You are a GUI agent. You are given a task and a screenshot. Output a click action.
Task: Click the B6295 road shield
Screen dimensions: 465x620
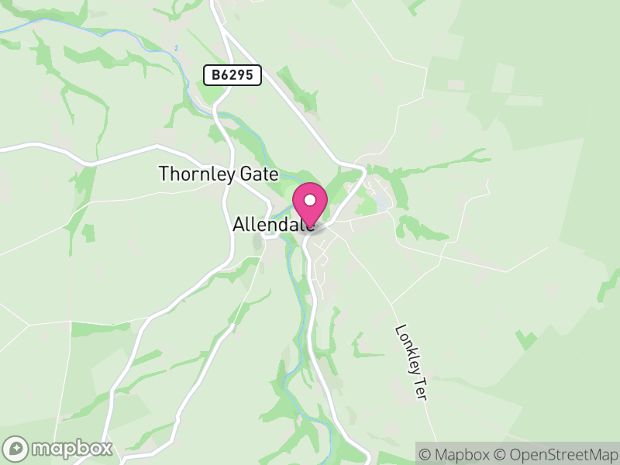click(232, 75)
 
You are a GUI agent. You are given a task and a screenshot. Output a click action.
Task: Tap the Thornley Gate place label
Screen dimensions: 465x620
click(218, 174)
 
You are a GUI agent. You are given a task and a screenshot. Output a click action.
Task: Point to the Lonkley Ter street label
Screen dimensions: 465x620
click(412, 361)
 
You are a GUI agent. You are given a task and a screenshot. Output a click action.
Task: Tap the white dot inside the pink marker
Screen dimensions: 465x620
click(310, 200)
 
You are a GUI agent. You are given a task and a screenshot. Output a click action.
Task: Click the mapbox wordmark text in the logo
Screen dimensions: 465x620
click(72, 448)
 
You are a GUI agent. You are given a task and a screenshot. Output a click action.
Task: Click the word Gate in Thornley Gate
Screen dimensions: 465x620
click(257, 174)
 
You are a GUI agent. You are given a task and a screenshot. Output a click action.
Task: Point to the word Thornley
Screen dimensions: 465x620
click(196, 174)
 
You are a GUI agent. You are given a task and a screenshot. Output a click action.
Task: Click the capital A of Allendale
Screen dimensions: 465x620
click(239, 224)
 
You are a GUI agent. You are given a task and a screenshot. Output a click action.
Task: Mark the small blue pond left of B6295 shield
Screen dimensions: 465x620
click(177, 48)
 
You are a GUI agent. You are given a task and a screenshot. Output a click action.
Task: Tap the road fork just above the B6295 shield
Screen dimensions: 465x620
click(222, 31)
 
